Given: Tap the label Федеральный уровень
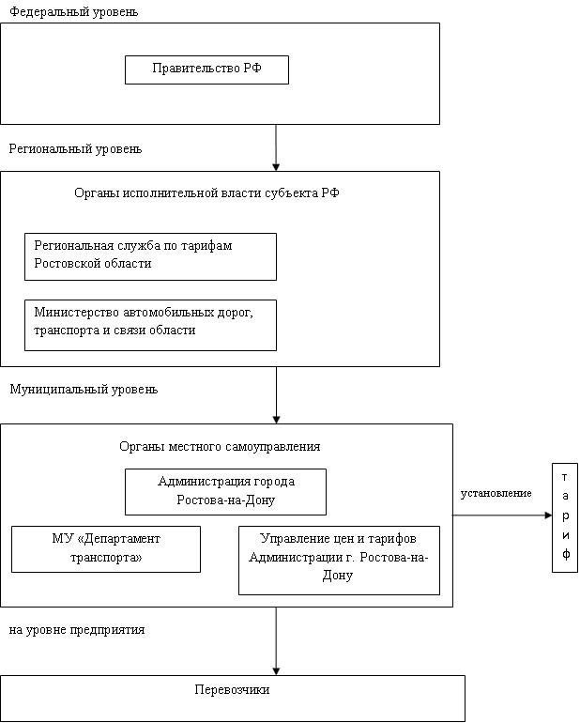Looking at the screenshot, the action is (74, 11).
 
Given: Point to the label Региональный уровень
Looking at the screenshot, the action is (76, 149).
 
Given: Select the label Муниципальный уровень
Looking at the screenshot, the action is (84, 389).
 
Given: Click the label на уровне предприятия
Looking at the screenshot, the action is (77, 630).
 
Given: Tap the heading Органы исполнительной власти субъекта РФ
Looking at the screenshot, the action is (207, 192).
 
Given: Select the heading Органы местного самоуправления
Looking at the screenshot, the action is (220, 446).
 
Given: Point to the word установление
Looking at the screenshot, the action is (496, 493).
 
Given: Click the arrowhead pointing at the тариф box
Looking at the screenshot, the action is (549, 515).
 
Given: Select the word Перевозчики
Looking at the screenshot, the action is (232, 690).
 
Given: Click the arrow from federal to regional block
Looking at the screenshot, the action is (276, 147).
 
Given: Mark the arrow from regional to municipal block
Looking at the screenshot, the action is (276, 395).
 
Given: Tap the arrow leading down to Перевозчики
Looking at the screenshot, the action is (276, 641).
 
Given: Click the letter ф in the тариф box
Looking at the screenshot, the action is (565, 554).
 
